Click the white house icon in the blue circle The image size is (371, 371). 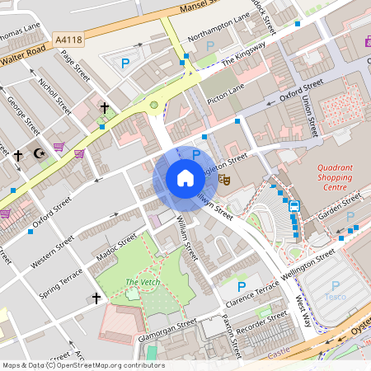tap(185, 178)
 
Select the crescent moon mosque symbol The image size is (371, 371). tap(37, 153)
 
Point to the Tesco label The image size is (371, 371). tap(335, 297)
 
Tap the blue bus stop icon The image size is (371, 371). tap(294, 207)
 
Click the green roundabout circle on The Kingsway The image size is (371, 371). tap(153, 105)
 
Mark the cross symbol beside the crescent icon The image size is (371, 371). tap(17, 155)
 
